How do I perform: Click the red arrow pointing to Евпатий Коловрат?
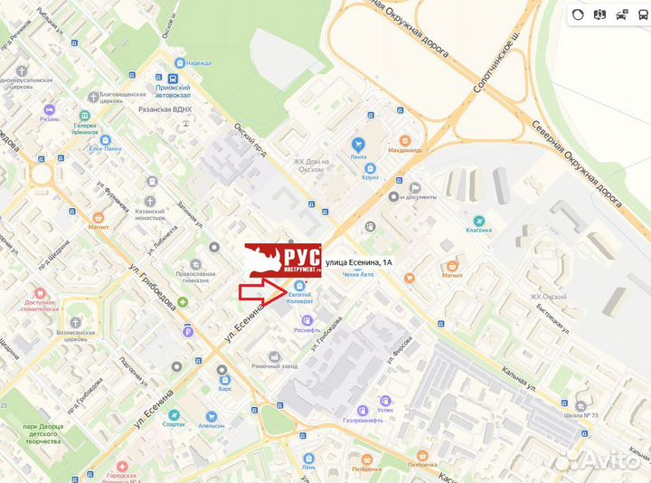pyautogui.click(x=261, y=291)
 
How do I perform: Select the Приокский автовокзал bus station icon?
pyautogui.click(x=159, y=79)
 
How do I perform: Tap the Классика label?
pyautogui.click(x=479, y=230)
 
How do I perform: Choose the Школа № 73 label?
pyautogui.click(x=579, y=415)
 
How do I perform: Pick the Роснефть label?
pyautogui.click(x=309, y=331)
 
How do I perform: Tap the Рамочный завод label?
pyautogui.click(x=274, y=365)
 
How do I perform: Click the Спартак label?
pyautogui.click(x=174, y=424)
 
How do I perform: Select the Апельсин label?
pyautogui.click(x=212, y=424)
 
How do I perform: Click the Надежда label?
pyautogui.click(x=199, y=63)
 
